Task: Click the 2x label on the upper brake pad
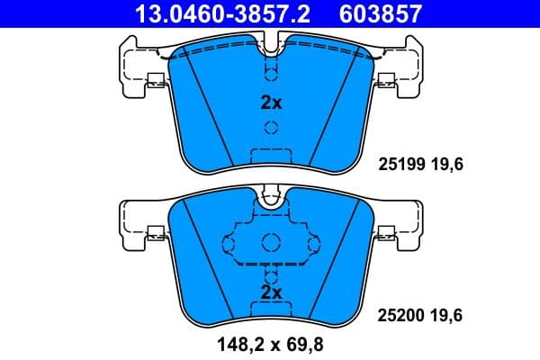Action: click(x=271, y=103)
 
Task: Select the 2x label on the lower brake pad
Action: click(x=271, y=292)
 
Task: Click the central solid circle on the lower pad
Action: click(x=271, y=241)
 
